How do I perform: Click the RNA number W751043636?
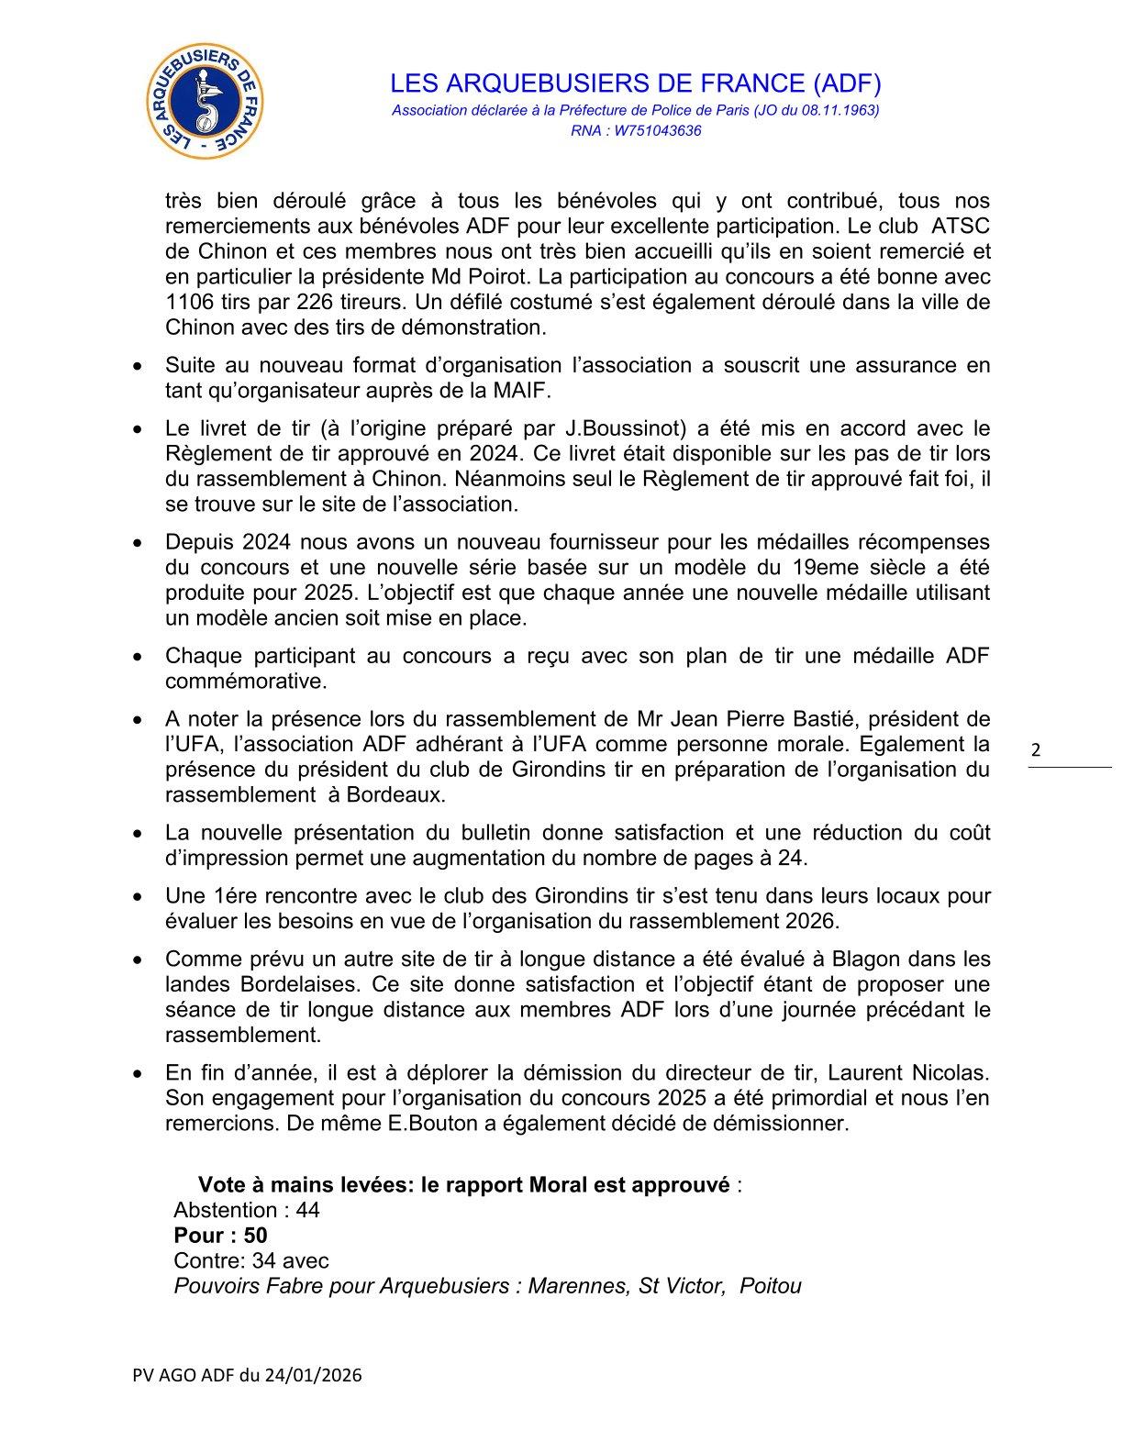660,131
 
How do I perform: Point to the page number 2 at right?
1037,750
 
